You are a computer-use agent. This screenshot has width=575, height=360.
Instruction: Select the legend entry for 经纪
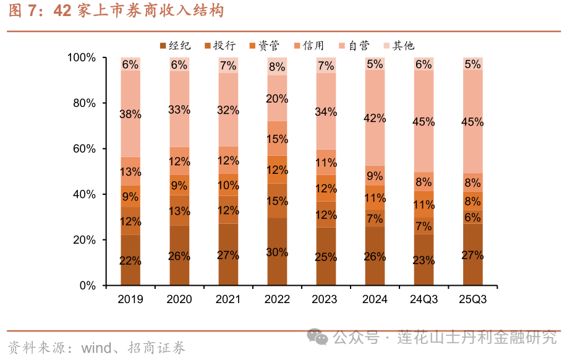[x=175, y=45]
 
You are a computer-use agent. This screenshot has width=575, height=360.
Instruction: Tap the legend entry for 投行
[x=219, y=45]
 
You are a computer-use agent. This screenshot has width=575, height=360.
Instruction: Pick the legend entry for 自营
[x=354, y=45]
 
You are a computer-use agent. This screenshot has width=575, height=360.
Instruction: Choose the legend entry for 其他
[x=398, y=45]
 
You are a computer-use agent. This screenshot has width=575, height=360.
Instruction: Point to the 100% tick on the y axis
[x=82, y=58]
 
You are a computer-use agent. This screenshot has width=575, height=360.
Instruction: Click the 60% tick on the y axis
[x=84, y=148]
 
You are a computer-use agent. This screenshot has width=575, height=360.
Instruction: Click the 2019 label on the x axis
[x=130, y=299]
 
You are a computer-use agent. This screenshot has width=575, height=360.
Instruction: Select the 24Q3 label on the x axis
[x=424, y=299]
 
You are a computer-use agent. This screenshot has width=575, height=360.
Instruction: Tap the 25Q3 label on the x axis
[x=473, y=299]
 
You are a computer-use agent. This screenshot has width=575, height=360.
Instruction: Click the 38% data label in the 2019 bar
[x=130, y=114]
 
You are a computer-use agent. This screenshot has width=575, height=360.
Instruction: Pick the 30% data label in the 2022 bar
[x=277, y=252]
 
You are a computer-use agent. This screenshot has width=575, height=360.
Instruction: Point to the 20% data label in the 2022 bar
[x=277, y=98]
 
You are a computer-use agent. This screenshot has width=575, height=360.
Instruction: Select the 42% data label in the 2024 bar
[x=375, y=118]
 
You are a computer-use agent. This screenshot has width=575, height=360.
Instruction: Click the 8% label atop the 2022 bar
[x=277, y=67]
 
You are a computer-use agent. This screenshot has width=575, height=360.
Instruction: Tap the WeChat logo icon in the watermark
[x=320, y=338]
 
